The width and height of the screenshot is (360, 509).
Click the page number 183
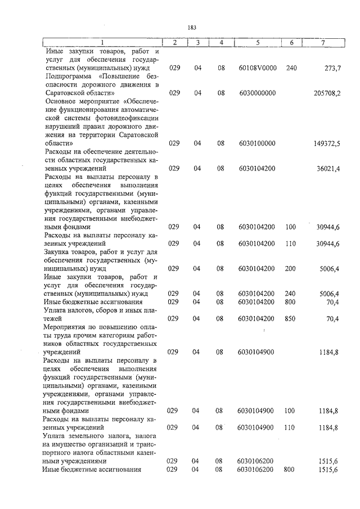click(191, 26)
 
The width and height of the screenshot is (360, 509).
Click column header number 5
click(257, 43)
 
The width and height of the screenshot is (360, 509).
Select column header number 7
click(323, 43)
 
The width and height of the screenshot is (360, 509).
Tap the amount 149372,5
click(327, 143)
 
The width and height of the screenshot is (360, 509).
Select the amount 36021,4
click(329, 169)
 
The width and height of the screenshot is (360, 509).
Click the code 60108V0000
click(257, 67)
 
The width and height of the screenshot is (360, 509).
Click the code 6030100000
click(257, 143)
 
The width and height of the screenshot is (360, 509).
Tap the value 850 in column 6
click(291, 319)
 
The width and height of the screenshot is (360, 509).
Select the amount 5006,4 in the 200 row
click(329, 269)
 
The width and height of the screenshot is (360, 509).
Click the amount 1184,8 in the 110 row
click(329, 427)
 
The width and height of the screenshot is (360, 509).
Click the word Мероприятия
click(67, 327)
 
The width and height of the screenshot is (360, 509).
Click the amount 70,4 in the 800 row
click(332, 302)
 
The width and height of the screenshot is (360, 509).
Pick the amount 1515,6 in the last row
click(329, 469)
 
